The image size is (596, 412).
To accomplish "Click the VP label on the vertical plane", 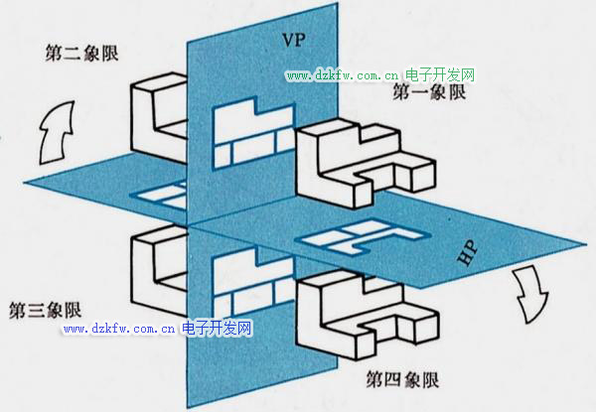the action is click(x=294, y=40).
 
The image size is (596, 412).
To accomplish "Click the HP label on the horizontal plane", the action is click(x=467, y=253).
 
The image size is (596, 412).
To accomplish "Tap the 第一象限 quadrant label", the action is click(x=429, y=92).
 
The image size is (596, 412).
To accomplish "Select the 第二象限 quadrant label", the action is click(x=81, y=53).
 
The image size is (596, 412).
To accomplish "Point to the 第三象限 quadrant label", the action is click(x=46, y=310).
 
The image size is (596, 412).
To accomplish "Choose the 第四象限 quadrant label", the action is click(x=402, y=379).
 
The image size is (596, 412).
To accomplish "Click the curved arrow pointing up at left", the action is click(x=57, y=132).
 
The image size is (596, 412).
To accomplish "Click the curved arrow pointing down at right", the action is click(x=530, y=294).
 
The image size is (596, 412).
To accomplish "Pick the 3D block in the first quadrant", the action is click(x=366, y=164).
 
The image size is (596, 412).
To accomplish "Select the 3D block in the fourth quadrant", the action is click(x=368, y=315).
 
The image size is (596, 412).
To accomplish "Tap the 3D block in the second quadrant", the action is click(x=159, y=118).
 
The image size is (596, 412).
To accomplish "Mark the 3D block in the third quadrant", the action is click(x=159, y=271).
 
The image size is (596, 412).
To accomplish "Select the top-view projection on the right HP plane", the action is click(x=363, y=237).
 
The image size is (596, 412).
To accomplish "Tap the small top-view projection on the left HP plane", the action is click(x=159, y=196).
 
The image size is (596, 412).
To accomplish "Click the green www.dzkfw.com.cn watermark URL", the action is click(x=343, y=75).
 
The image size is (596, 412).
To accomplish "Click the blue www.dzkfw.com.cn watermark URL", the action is click(x=119, y=329).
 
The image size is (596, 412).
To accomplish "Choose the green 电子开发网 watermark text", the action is click(x=440, y=74).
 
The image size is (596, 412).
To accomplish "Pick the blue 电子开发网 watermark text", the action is click(x=217, y=328).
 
